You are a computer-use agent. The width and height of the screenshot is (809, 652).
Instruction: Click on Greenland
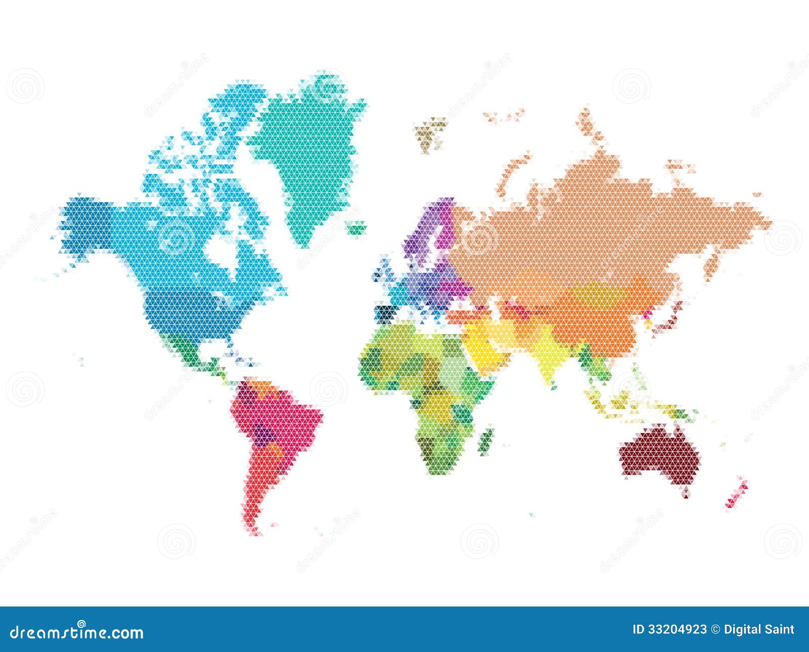click(308, 152)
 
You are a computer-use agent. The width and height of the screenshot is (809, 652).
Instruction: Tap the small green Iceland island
click(355, 228)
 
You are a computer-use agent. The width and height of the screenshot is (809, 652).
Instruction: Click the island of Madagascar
click(487, 438)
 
